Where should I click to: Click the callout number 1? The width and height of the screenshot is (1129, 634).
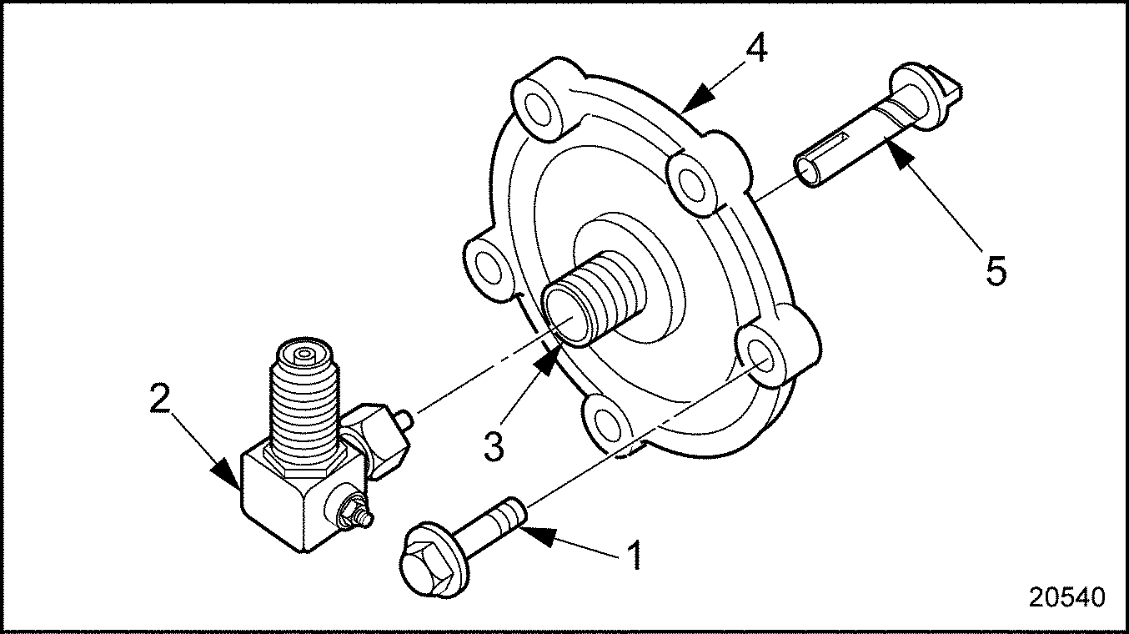[x=635, y=556]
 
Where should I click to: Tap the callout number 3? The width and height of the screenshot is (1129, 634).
[x=494, y=446]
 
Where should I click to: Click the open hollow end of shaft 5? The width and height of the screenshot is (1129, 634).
[x=809, y=172]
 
